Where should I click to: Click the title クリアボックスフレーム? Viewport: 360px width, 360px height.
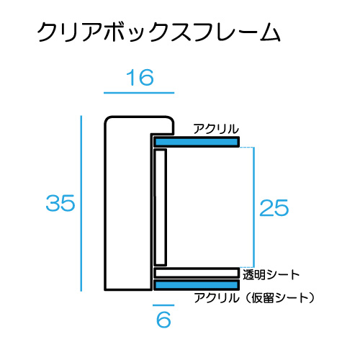coord(158,32)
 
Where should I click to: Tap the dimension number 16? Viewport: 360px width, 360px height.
coord(140,78)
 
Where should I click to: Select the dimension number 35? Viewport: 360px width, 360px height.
coord(60,203)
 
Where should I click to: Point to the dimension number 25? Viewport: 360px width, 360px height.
coord(274,207)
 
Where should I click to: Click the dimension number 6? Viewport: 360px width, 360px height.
coord(163,320)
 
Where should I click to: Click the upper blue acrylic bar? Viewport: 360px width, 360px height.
coord(197,142)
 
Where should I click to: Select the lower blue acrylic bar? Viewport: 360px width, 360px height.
coord(197,285)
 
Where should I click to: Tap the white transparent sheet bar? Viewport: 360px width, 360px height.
coord(197,273)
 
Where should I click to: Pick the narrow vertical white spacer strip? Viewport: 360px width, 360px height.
coord(161,207)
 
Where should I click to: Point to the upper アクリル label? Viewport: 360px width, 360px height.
coord(216,129)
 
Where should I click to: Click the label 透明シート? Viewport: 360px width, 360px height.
coord(271,274)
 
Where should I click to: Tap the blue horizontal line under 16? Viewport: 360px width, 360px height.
coord(139,93)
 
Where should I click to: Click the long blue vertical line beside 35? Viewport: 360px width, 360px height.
coord(81,204)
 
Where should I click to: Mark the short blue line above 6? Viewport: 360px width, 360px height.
coord(163,305)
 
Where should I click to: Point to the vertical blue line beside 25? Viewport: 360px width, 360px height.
coord(254,207)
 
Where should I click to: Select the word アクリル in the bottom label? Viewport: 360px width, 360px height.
coord(217,298)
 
